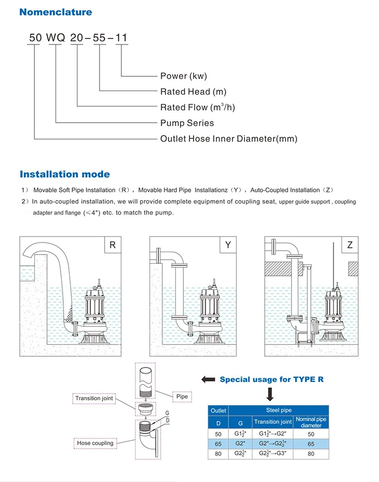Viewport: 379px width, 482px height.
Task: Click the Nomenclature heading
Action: pyautogui.click(x=56, y=12)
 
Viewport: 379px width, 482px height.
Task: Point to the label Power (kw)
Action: pyautogui.click(x=183, y=76)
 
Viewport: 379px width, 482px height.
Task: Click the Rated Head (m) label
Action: pyautogui.click(x=193, y=91)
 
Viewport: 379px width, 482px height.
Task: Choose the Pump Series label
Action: pyautogui.click(x=187, y=123)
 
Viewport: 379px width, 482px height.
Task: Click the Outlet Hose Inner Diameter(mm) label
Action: pyautogui.click(x=228, y=138)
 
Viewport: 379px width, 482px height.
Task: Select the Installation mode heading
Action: pyautogui.click(x=65, y=174)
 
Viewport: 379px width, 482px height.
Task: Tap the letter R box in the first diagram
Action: pyautogui.click(x=113, y=246)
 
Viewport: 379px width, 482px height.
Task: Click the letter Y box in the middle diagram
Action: pyautogui.click(x=228, y=246)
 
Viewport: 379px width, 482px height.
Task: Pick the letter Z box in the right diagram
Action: pyautogui.click(x=350, y=246)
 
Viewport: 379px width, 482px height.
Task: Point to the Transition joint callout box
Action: pyautogui.click(x=94, y=399)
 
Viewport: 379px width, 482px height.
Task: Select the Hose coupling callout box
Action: pyautogui.click(x=95, y=443)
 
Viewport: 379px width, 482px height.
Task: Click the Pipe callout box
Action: pyautogui.click(x=182, y=397)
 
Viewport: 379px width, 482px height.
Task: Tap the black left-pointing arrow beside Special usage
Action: pyautogui.click(x=207, y=379)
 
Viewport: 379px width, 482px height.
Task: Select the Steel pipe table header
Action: pyautogui.click(x=279, y=411)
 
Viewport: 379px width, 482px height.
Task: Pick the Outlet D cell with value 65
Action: pyautogui.click(x=218, y=443)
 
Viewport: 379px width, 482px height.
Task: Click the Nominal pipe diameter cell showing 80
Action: pyautogui.click(x=311, y=454)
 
